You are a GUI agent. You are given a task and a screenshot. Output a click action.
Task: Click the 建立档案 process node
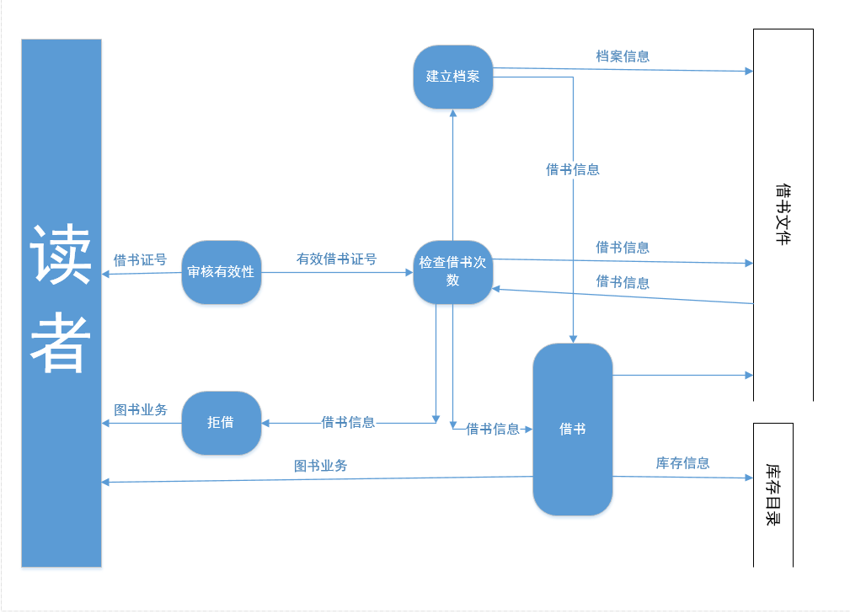click(453, 77)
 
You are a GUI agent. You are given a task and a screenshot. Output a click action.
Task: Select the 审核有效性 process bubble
click(221, 272)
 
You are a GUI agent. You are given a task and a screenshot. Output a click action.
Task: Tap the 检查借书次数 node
click(453, 271)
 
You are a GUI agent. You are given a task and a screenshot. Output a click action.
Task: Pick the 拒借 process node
click(221, 423)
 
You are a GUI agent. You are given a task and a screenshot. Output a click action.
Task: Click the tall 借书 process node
click(573, 429)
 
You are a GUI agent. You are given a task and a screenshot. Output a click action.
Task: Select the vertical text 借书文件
click(783, 214)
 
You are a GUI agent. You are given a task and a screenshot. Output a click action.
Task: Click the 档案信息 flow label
click(623, 56)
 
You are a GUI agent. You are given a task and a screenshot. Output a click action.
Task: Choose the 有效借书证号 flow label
click(336, 259)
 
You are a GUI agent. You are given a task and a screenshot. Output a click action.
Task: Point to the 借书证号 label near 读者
click(140, 259)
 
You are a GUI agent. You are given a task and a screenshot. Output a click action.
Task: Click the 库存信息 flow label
click(682, 463)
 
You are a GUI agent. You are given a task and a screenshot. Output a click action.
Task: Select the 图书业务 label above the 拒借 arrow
click(141, 410)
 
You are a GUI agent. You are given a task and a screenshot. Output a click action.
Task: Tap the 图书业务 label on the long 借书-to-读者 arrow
click(320, 466)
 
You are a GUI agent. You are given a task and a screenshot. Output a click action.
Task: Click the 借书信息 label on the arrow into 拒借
click(348, 422)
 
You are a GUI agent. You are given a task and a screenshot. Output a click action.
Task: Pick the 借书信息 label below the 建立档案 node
click(573, 169)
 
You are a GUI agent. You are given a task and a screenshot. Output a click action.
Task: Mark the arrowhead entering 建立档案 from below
click(453, 114)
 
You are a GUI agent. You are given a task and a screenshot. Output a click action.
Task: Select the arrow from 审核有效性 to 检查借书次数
click(337, 272)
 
